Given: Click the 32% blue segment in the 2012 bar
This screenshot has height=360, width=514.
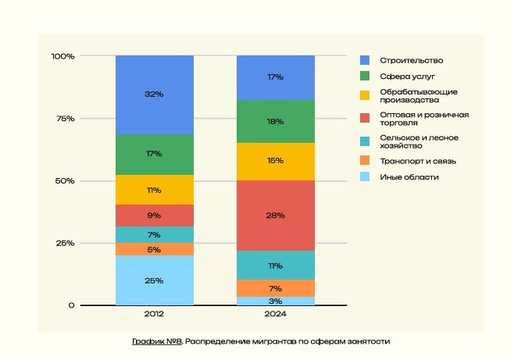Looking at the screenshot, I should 154,94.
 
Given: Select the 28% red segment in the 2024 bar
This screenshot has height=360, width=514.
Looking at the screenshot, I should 275,216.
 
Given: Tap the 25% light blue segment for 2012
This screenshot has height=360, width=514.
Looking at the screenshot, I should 154,280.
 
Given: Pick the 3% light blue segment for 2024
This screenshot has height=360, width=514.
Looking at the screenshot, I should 275,301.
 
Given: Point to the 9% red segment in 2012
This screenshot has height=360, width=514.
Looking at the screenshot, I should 154,216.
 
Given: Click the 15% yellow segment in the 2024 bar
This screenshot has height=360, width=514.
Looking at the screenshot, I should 275,162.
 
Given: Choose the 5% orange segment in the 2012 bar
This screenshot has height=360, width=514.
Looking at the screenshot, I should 154,249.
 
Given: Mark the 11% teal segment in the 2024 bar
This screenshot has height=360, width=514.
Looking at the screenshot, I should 275,266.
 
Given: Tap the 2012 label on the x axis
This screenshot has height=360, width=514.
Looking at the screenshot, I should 154,315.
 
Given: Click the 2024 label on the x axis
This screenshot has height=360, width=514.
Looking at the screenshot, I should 275,315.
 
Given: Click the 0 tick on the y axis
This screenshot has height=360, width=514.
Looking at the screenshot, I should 71,305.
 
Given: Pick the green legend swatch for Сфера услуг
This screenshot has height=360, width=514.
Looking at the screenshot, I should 364,77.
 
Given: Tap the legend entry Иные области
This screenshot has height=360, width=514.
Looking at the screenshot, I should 409,177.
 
